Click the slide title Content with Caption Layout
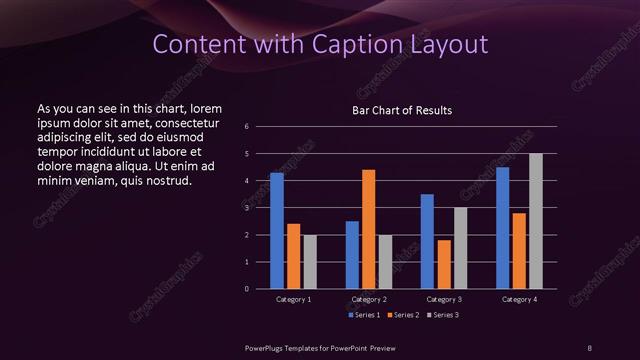coord(319,44)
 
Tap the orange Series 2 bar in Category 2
coord(368,229)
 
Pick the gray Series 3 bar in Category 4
coord(536,221)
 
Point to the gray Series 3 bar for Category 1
coord(310,261)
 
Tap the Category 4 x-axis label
coord(519,300)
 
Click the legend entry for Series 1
coord(363,315)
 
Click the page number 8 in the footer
coord(589,346)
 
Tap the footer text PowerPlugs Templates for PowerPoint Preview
coord(319,346)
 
